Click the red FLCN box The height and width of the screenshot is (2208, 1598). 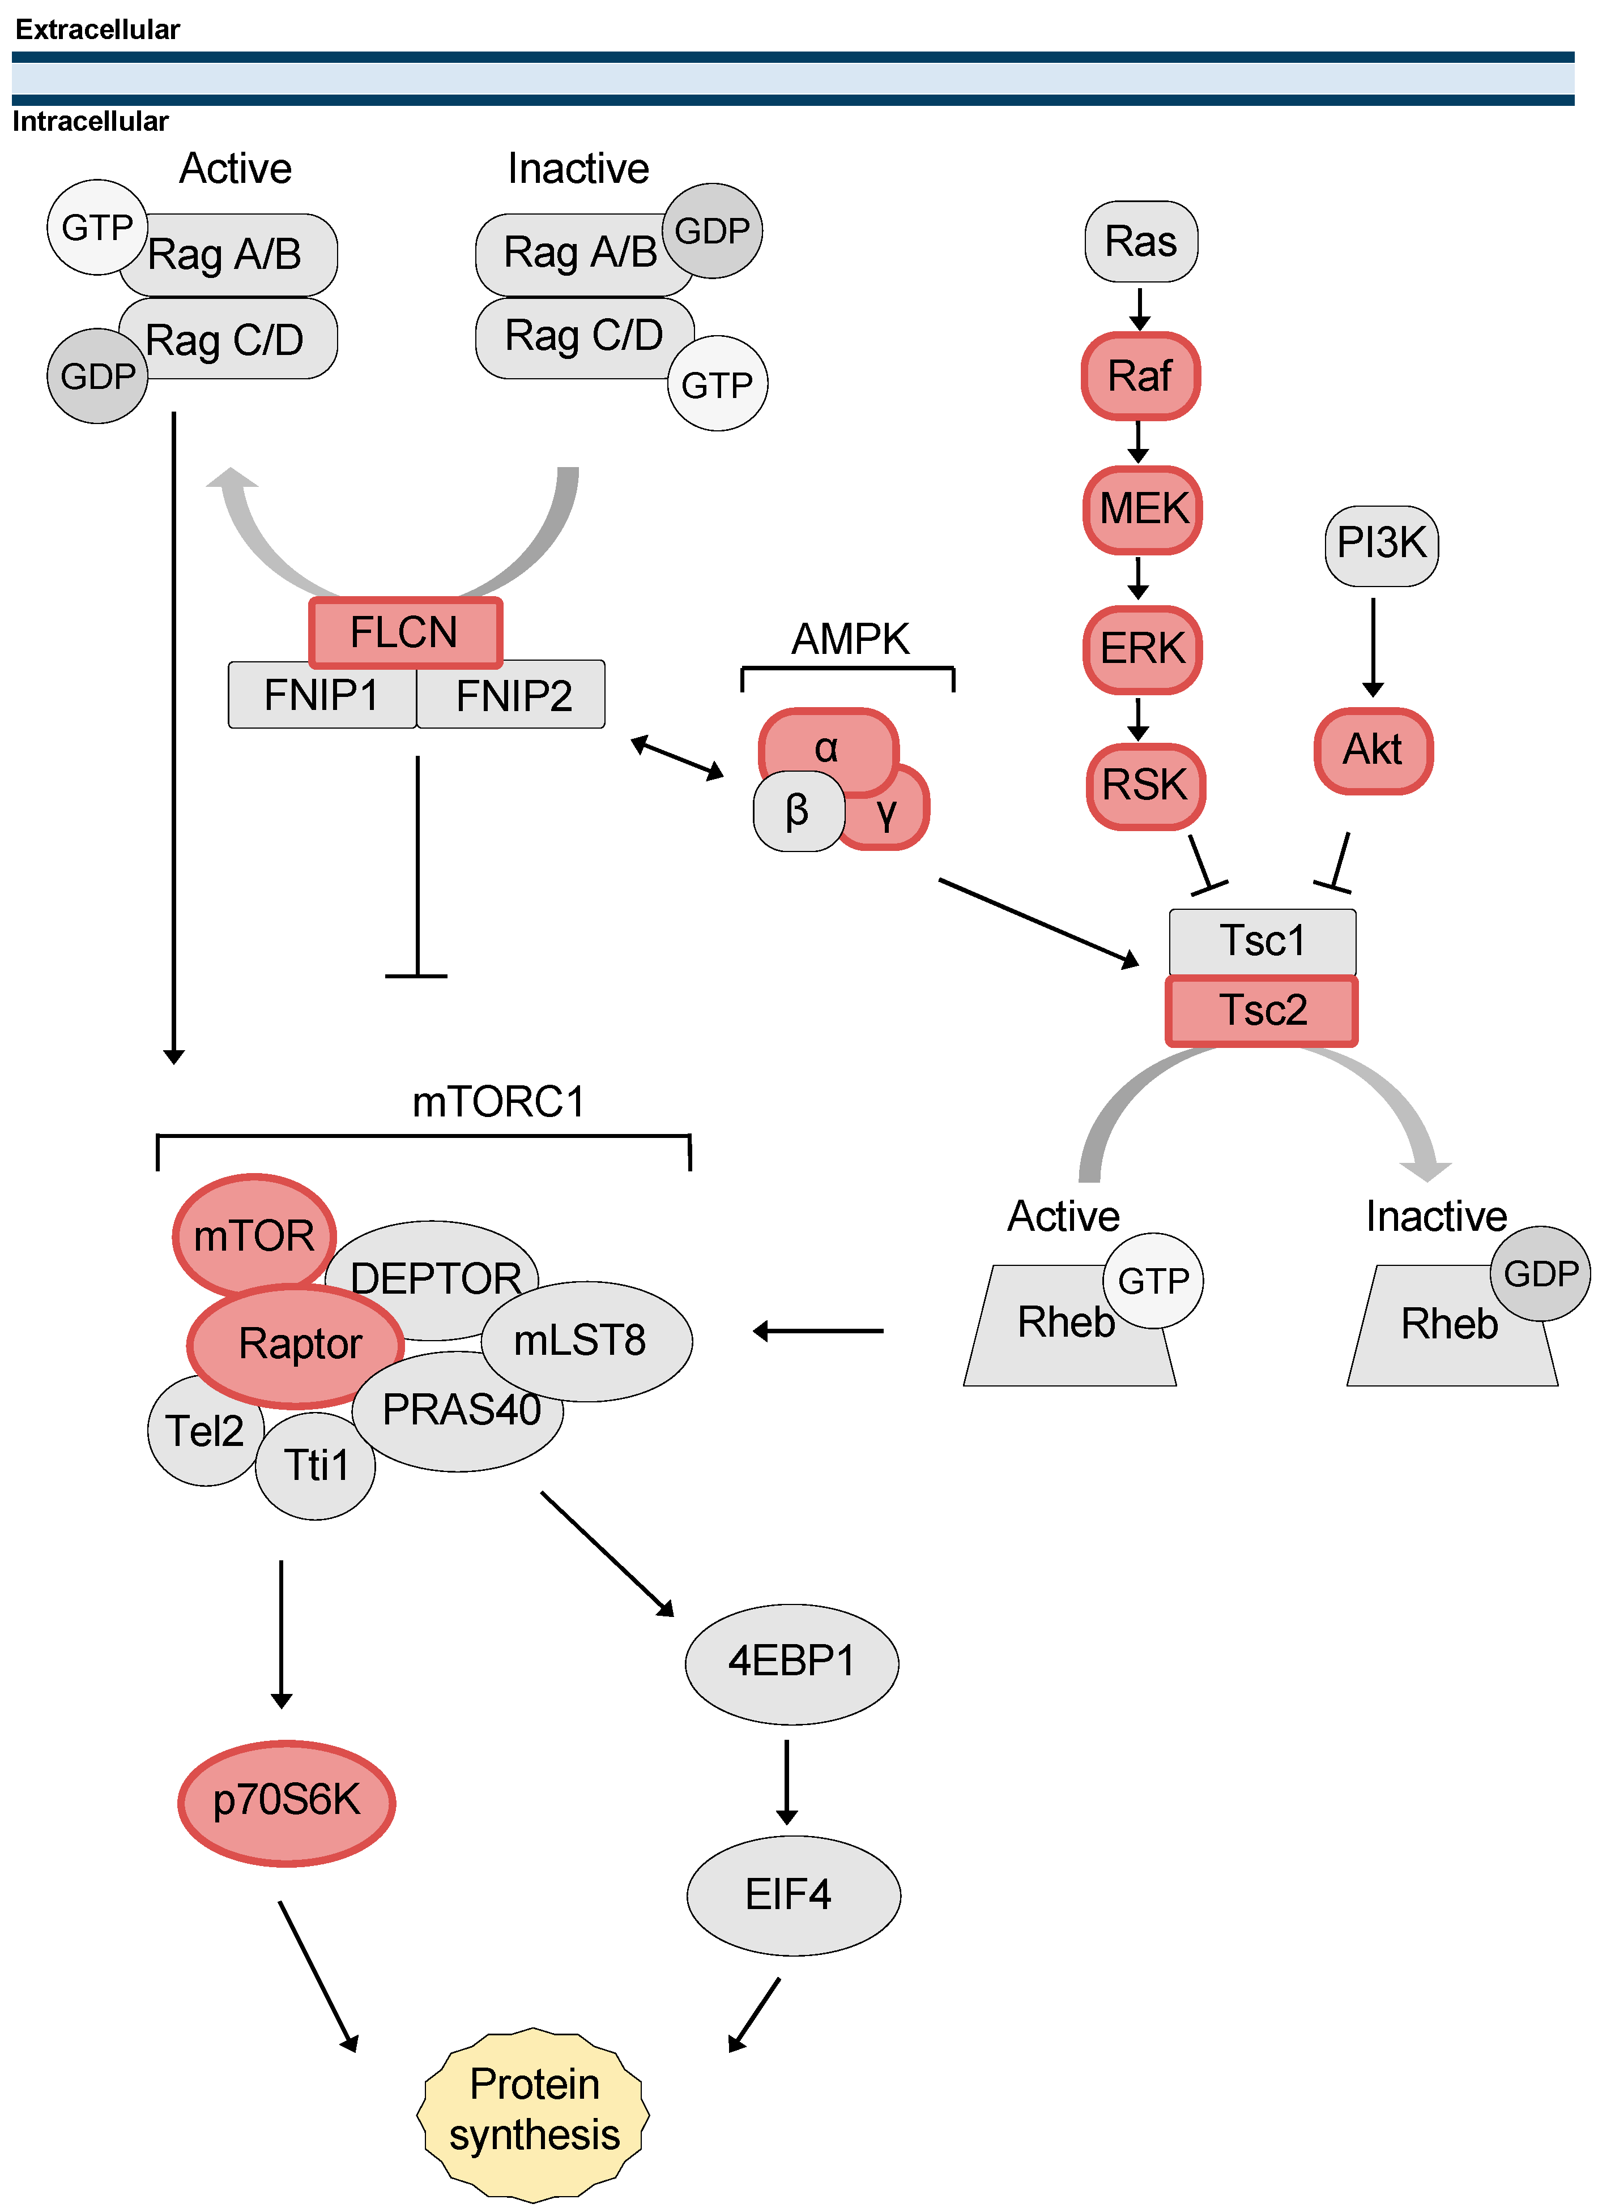(404, 633)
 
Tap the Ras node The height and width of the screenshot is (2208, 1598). (1140, 241)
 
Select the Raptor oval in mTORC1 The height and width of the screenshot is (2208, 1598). (296, 1345)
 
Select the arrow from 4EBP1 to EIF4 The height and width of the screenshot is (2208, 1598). (787, 1782)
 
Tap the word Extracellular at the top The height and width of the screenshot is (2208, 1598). (97, 29)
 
